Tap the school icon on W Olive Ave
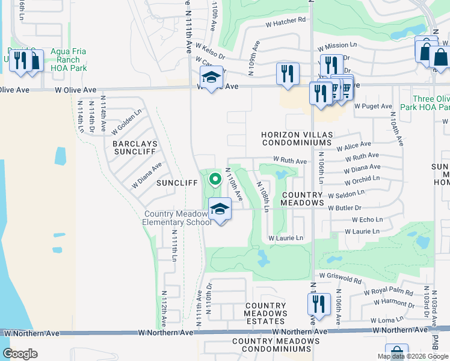click(211, 78)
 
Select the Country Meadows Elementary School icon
click(220, 209)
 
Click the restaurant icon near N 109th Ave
click(288, 74)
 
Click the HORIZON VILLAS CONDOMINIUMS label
click(296, 138)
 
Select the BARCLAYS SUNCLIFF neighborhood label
click(135, 148)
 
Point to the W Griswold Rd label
click(340, 277)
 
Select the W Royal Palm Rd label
click(389, 293)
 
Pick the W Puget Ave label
click(373, 106)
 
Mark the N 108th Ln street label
click(263, 197)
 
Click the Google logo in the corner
click(20, 354)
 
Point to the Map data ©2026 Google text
click(412, 356)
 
